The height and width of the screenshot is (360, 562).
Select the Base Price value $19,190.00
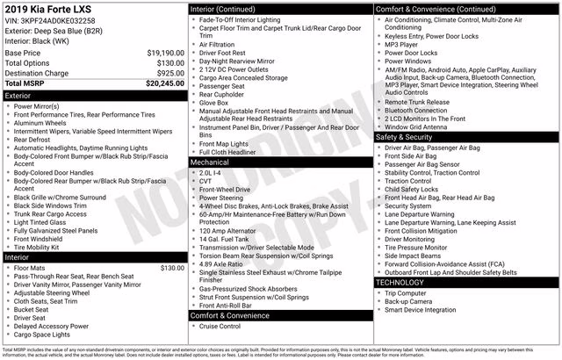165,53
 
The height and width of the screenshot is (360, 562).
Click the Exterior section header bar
94,95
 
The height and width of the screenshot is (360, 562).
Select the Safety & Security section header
465,137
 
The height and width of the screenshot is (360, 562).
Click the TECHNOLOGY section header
465,283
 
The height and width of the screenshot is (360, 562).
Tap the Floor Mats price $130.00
171,268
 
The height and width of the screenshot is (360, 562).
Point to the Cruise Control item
220,327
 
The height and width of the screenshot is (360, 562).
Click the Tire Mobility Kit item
43,247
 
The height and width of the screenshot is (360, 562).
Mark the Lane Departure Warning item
419,214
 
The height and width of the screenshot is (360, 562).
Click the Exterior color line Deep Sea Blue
54,31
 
